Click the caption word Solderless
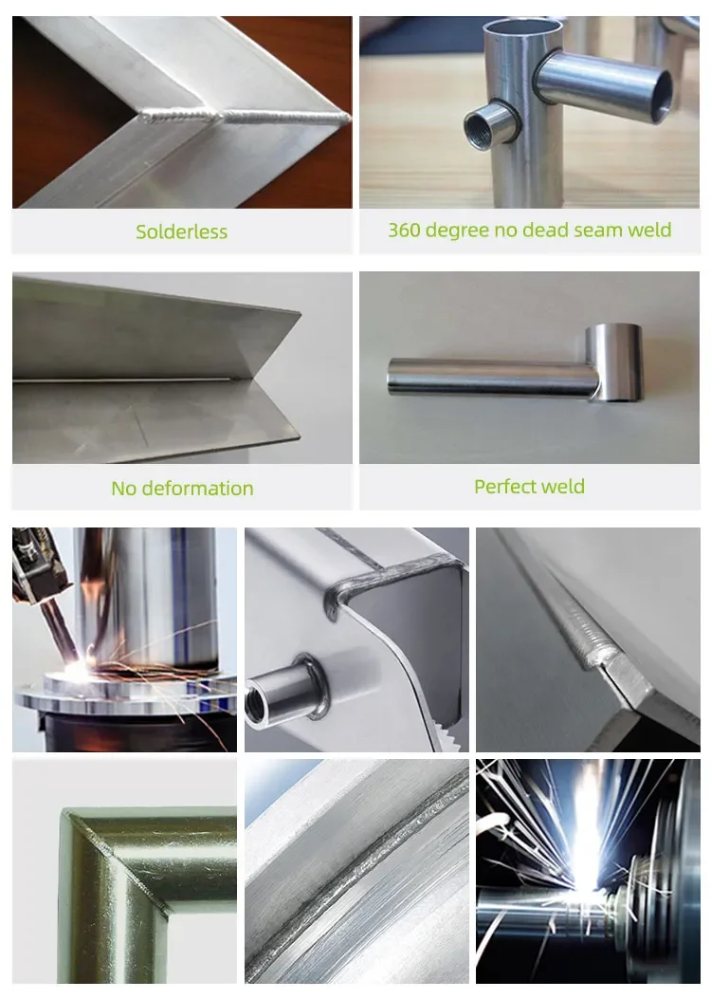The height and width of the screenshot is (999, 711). [181, 231]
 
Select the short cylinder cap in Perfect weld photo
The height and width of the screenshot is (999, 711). [614, 361]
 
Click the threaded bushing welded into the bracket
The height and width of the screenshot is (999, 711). [287, 694]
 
